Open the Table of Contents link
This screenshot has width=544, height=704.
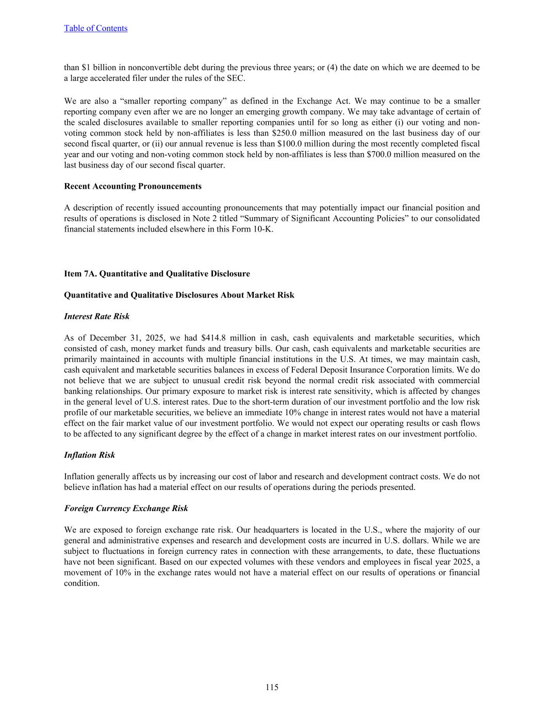click(x=95, y=28)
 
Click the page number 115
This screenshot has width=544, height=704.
click(x=272, y=687)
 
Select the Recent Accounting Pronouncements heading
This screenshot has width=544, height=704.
click(x=133, y=186)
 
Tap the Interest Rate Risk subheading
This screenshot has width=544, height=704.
click(x=96, y=316)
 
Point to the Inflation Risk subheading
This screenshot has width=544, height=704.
click(x=89, y=455)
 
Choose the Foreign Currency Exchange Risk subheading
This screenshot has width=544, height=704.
click(x=126, y=509)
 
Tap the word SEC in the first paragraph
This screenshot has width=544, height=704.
click(x=236, y=78)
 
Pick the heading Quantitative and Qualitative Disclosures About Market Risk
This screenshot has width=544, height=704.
click(x=179, y=295)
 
